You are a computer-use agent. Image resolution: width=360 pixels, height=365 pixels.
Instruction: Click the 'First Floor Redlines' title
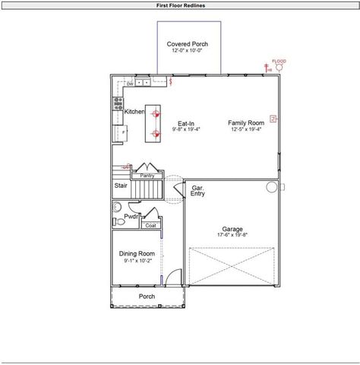coord(180,5)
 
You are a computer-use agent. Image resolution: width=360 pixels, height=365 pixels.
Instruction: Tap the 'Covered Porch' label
coord(187,44)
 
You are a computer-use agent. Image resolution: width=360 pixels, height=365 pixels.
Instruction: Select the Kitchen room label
coord(134,112)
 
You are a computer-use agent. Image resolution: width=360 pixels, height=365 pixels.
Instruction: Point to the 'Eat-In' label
coord(186,123)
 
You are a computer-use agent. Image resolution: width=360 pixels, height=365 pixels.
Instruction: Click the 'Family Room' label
coord(245,122)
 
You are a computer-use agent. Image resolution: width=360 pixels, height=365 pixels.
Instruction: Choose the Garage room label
coord(232,229)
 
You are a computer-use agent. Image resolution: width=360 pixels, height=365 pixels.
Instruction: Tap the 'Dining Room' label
coord(137,253)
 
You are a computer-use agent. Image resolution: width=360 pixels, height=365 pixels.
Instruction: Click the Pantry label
coord(147,176)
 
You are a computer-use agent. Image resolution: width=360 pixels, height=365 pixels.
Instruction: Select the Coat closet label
coord(150,225)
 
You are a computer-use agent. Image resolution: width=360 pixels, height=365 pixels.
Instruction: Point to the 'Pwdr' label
coord(131,217)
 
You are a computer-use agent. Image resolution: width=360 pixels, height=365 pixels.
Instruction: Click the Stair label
coord(121,185)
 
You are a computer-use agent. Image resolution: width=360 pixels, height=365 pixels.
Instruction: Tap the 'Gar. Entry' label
coord(197,190)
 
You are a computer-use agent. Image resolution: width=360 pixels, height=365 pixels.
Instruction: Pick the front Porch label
coord(147,296)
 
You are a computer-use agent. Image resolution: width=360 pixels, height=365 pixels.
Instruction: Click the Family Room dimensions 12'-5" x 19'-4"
coord(245,129)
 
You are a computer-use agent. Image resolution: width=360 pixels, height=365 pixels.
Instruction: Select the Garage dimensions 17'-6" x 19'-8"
coord(232,236)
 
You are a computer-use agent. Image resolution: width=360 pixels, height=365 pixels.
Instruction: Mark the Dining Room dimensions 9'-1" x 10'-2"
coord(137,260)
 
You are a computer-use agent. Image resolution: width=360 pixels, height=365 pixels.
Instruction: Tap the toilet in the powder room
coord(117,207)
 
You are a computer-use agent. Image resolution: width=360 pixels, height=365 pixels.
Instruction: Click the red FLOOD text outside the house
coord(279,61)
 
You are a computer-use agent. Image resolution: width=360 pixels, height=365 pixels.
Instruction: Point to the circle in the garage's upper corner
coord(271,186)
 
